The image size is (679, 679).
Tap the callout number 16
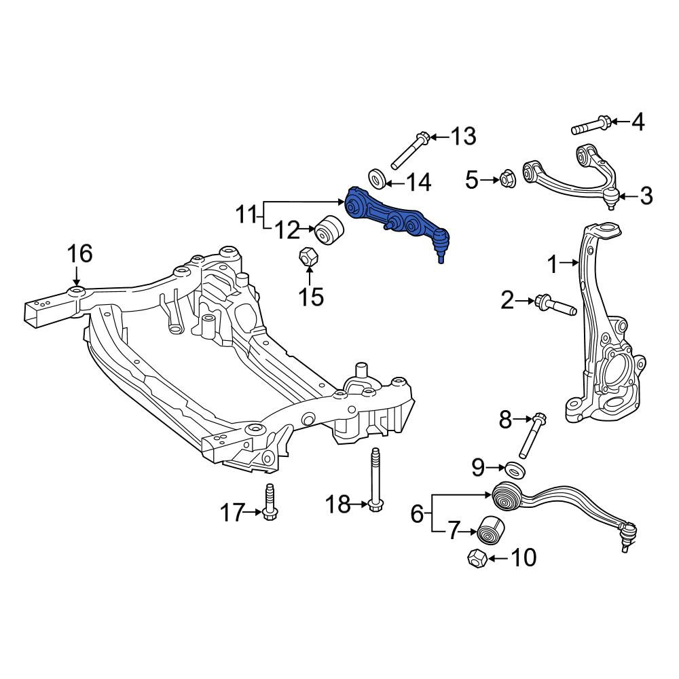click(x=79, y=253)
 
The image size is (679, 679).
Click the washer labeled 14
click(x=378, y=179)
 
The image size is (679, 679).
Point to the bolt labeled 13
click(x=409, y=151)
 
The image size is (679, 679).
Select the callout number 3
click(x=646, y=196)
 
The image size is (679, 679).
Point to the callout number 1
click(x=553, y=265)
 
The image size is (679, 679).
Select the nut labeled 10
click(x=477, y=559)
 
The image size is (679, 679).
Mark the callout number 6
click(x=417, y=514)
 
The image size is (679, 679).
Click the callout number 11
click(x=247, y=215)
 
